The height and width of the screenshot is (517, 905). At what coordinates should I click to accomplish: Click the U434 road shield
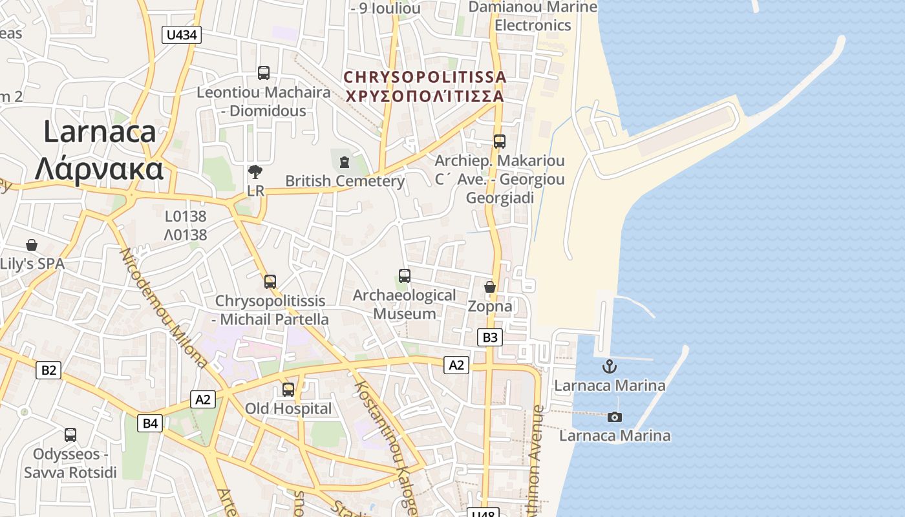click(182, 35)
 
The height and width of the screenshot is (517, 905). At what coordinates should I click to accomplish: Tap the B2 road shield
click(49, 370)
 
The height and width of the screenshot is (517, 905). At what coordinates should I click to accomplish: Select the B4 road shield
click(150, 423)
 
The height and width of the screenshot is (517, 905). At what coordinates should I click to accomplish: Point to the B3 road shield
click(490, 337)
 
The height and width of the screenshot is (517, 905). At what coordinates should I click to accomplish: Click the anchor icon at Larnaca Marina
click(609, 366)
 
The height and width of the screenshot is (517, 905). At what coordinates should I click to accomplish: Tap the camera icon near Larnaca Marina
click(615, 417)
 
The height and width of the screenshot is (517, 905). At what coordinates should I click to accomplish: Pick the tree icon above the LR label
click(255, 172)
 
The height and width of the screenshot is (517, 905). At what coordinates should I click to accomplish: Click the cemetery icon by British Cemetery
click(344, 162)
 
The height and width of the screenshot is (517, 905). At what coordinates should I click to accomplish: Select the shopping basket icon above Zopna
click(490, 287)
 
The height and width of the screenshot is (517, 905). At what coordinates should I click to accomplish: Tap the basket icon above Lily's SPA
click(32, 245)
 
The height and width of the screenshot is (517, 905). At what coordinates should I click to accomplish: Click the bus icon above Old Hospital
click(288, 390)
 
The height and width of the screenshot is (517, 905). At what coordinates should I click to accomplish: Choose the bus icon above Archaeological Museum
click(405, 276)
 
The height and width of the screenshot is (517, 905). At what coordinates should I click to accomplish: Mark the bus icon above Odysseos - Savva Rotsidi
click(70, 435)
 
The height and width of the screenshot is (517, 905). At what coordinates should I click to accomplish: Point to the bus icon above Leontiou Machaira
click(263, 73)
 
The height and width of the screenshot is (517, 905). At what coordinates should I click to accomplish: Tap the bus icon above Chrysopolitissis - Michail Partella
click(270, 282)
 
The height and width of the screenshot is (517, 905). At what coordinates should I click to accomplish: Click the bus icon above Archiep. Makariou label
click(499, 142)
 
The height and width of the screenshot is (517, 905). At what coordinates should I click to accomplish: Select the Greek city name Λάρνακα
click(99, 169)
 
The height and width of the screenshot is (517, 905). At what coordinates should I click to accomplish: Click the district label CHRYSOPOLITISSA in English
click(425, 77)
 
